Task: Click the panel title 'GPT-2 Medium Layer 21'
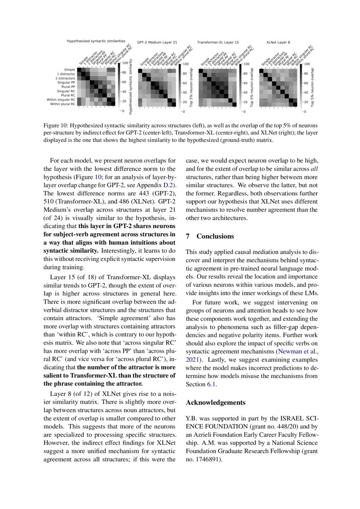157,43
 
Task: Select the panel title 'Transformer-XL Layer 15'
218,43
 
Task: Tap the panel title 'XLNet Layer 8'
278,43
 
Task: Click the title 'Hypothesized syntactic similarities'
93,41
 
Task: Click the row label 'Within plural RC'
63,104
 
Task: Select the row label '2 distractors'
65,78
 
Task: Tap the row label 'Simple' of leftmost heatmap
69,70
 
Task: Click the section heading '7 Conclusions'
210,236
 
